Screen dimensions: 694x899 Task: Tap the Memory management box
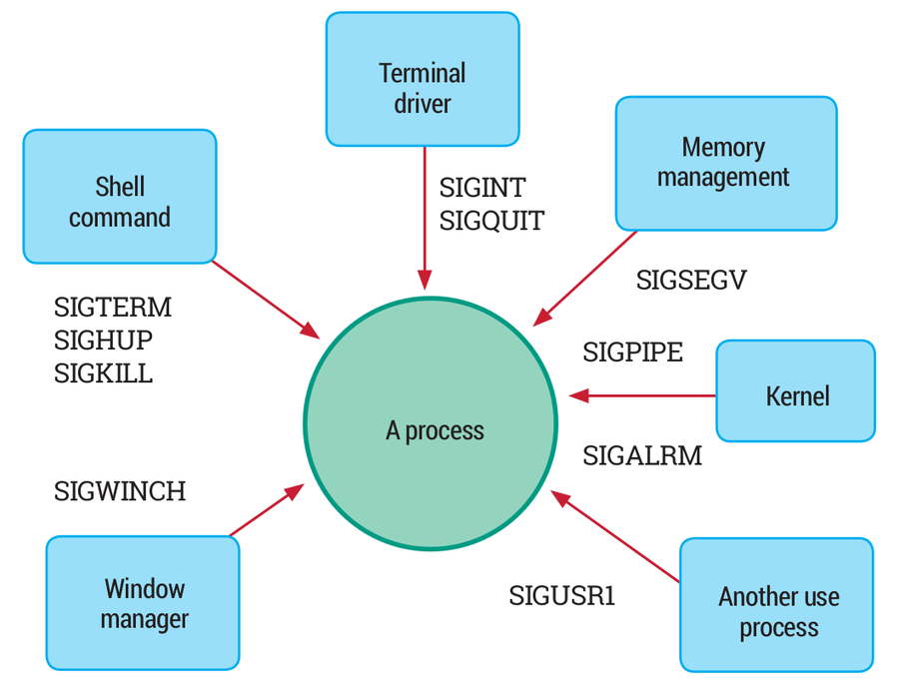coord(725,163)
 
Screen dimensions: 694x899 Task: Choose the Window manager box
coord(144,603)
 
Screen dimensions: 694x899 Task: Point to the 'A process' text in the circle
coord(435,430)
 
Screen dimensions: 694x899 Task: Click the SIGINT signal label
coord(482,187)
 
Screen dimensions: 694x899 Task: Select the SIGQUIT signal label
coord(492,221)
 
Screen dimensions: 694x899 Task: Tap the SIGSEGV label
coord(691,281)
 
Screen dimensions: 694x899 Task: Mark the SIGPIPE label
coord(633,352)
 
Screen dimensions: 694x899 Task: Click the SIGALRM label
coord(642,456)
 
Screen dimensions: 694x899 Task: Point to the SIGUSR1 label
coord(562,597)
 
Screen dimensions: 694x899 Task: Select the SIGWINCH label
coord(120,491)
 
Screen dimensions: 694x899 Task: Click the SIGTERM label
coord(113,307)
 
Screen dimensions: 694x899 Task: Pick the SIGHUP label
coord(103,341)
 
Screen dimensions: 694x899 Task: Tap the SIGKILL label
coord(103,374)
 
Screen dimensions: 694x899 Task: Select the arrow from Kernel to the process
coord(644,396)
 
